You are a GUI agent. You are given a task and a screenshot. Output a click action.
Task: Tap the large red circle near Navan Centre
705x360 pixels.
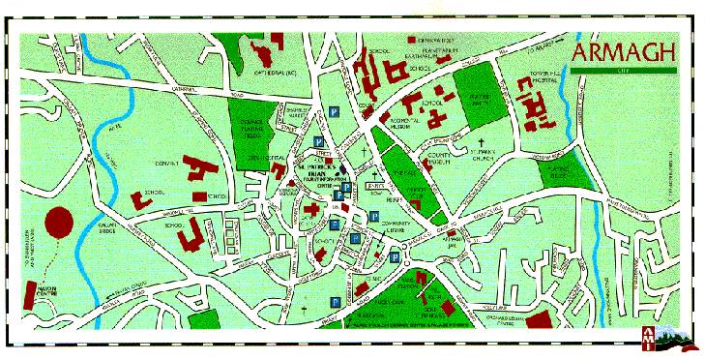pos(60,222)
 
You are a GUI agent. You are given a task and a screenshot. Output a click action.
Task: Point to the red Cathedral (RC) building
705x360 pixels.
pos(263,48)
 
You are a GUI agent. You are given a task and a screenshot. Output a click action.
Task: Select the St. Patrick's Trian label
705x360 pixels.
pos(321,171)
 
